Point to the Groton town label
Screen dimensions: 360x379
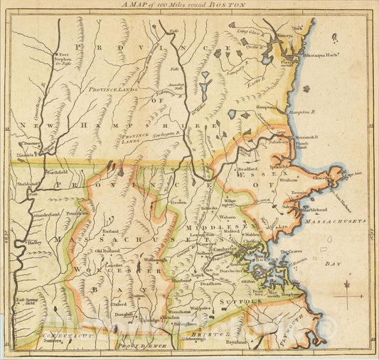click(178, 202)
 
